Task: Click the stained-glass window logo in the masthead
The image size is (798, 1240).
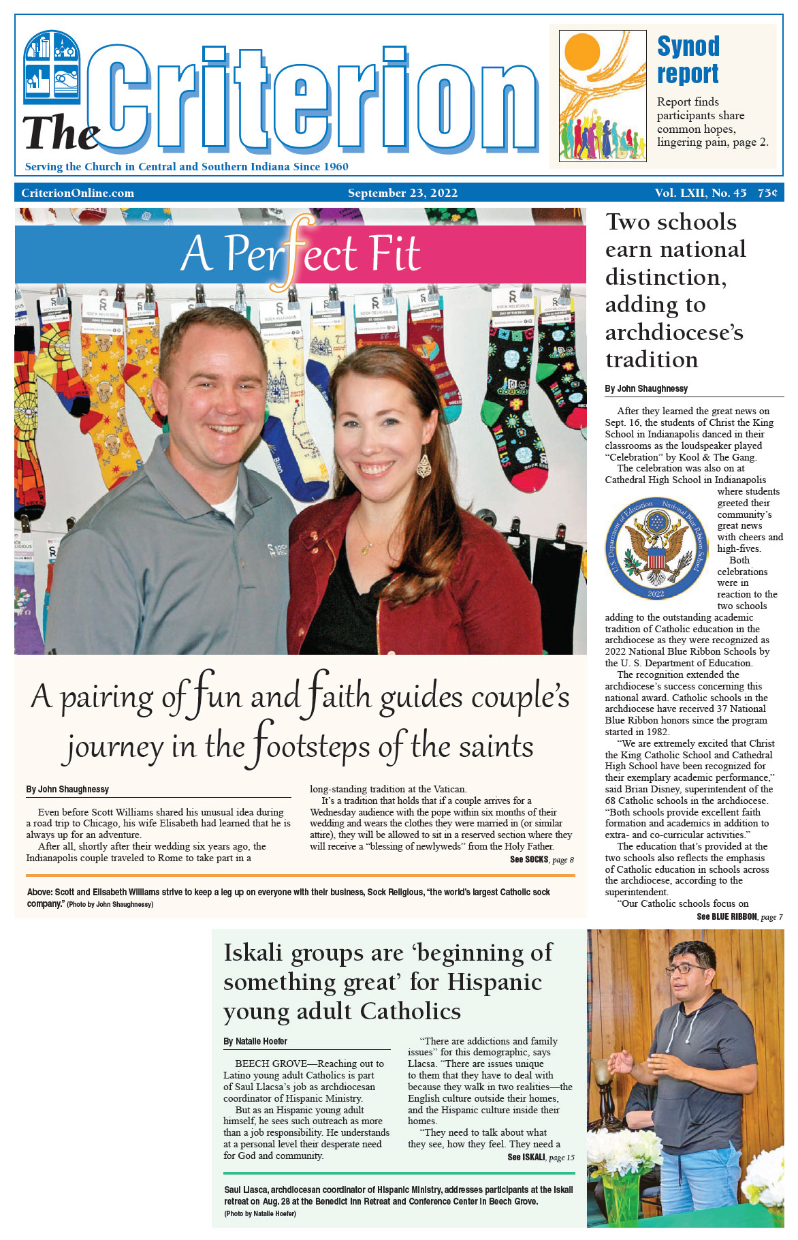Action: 52,67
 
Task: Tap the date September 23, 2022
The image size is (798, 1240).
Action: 402,193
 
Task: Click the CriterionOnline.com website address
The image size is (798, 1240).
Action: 78,193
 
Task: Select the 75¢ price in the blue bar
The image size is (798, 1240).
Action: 767,193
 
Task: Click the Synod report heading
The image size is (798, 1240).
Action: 688,59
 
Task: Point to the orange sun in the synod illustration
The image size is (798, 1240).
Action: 582,50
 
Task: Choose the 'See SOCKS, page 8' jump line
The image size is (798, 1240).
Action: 541,860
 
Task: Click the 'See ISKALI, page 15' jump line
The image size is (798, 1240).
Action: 541,1157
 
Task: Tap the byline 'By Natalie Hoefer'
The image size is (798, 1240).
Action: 255,1041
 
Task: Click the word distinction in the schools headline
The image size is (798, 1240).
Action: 665,277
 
